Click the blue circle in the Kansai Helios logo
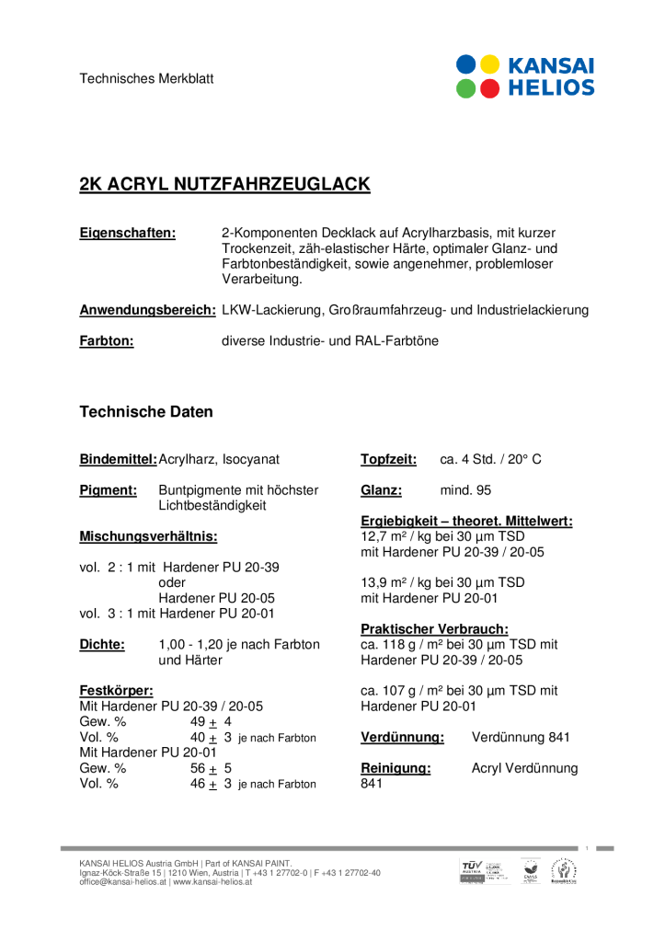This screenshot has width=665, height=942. point(467,64)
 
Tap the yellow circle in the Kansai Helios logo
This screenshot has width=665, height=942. point(490,64)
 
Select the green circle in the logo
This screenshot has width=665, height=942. point(467,88)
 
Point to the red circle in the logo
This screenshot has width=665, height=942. point(490,88)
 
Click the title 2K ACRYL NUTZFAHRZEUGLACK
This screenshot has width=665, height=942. point(224,184)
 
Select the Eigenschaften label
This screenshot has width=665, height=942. point(127,233)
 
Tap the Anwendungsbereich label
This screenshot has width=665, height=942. point(147,310)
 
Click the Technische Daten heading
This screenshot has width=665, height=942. point(146,411)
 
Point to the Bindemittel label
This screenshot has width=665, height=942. point(118,458)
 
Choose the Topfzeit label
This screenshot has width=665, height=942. point(388,458)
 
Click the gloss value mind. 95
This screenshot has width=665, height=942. point(465,490)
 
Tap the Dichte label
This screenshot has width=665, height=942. point(102,645)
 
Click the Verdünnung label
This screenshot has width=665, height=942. point(402,737)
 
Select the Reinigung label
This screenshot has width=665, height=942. point(396,768)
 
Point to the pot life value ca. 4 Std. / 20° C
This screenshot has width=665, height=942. point(490,458)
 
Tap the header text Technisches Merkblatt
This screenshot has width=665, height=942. point(146,78)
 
